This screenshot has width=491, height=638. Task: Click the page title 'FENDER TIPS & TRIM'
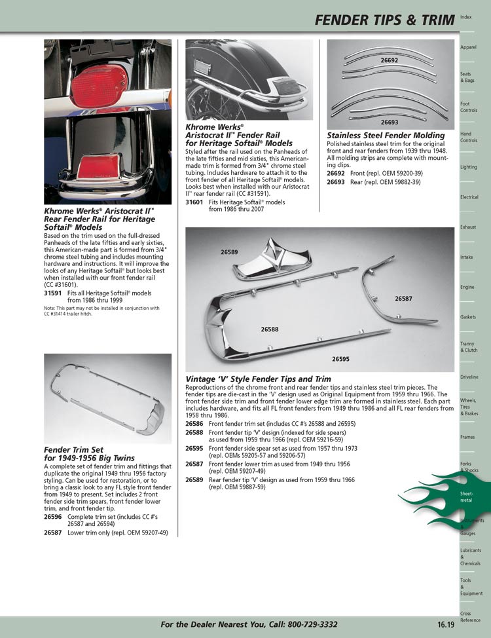click(x=384, y=20)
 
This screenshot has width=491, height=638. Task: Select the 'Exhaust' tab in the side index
click(x=467, y=227)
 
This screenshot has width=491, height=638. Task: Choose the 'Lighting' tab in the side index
click(x=468, y=167)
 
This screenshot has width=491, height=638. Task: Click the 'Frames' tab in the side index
click(x=467, y=436)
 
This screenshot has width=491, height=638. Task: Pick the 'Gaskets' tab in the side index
click(x=468, y=317)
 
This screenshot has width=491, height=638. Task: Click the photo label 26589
click(x=229, y=252)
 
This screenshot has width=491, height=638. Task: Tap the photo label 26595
click(x=340, y=359)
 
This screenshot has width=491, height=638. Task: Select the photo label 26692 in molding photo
click(x=389, y=60)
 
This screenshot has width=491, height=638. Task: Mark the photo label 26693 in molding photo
click(x=389, y=122)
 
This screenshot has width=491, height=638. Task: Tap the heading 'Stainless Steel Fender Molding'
click(x=386, y=136)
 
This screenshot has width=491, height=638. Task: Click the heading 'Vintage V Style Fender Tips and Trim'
click(x=259, y=379)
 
